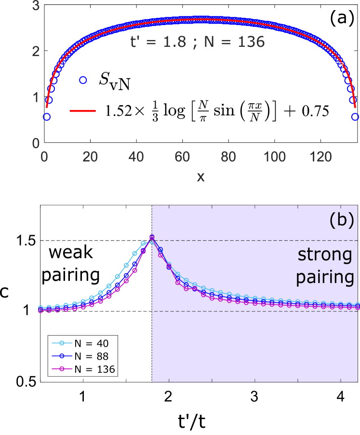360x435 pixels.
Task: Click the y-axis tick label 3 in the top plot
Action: tap(36, 6)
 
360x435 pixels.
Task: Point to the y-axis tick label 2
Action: tap(36, 51)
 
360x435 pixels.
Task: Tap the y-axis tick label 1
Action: tap(36, 97)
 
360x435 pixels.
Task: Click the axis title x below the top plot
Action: tap(200, 177)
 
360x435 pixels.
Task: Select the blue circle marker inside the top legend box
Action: tap(83, 81)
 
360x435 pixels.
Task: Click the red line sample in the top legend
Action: tap(82, 111)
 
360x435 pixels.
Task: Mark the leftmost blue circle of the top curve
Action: tap(47, 117)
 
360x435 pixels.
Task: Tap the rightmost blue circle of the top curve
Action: tap(355, 117)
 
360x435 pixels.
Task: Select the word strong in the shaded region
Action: tap(324, 254)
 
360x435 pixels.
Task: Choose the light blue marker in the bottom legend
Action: tap(62, 343)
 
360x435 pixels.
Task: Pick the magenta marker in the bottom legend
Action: tap(62, 368)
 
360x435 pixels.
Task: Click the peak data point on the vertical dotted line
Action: tap(152, 237)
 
